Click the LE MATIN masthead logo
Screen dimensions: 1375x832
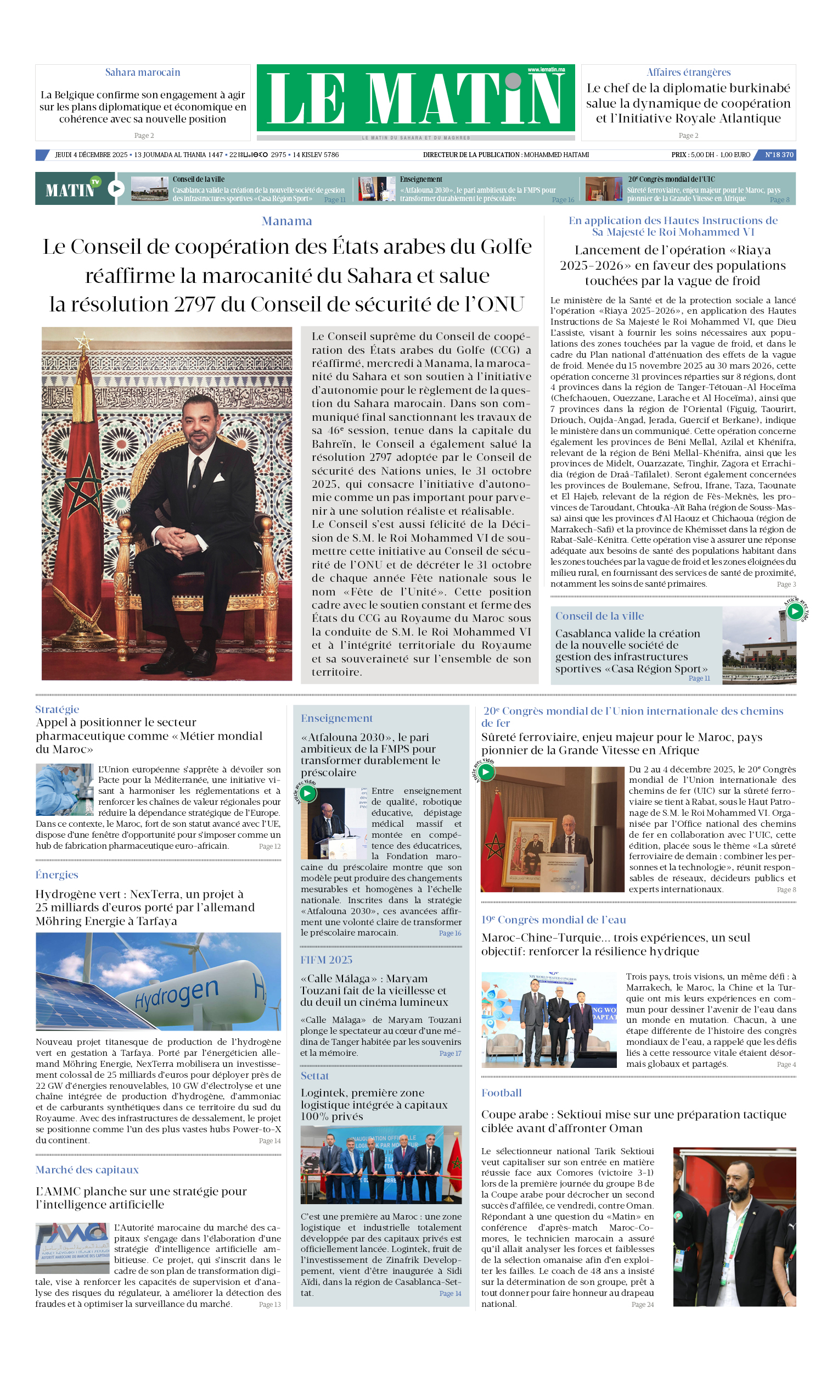[x=415, y=98]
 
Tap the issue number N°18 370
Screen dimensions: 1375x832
[x=778, y=154]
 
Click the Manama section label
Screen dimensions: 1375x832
[x=286, y=221]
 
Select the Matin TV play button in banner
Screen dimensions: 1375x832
[x=116, y=188]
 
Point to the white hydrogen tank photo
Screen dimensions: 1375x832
[x=159, y=981]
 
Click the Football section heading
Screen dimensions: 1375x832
[x=501, y=1093]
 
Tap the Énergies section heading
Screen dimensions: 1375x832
[x=57, y=875]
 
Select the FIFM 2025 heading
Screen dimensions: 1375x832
[x=326, y=960]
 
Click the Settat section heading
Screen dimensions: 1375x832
[x=314, y=1076]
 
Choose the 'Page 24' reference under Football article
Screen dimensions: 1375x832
[x=642, y=1304]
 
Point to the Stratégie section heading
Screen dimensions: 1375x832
[x=57, y=709]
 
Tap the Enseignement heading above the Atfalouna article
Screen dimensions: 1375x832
[x=336, y=718]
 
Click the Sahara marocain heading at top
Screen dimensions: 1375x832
[x=143, y=72]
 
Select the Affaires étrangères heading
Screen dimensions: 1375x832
[x=688, y=72]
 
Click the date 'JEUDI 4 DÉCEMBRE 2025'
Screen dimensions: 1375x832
[x=91, y=154]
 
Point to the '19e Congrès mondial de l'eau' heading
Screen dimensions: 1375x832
[x=553, y=920]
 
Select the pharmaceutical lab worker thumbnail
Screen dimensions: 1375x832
[x=64, y=789]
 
